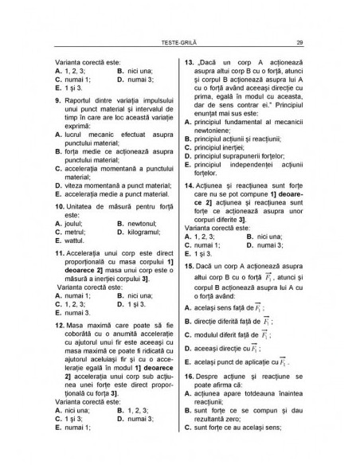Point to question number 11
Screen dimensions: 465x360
point(60,252)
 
